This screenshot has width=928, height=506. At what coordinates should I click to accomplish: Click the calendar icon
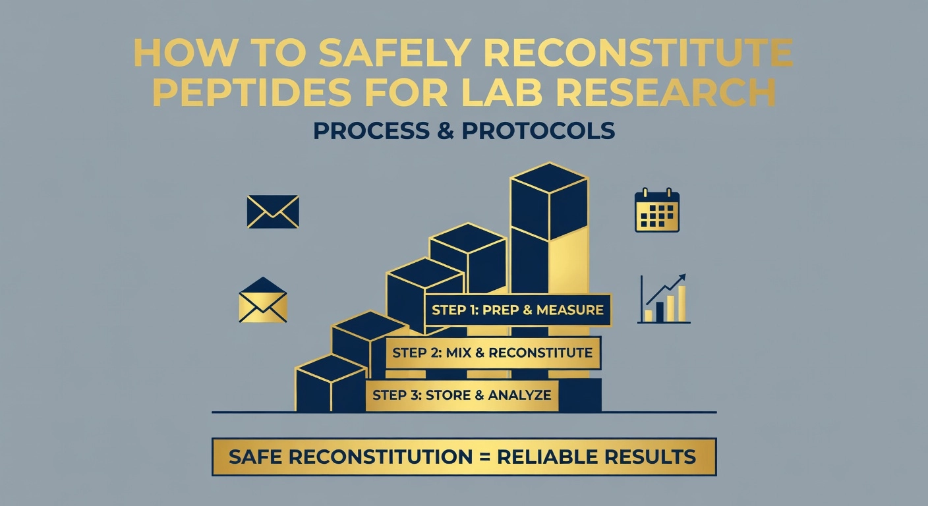(x=656, y=211)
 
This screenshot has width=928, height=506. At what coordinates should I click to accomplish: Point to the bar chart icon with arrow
(x=664, y=300)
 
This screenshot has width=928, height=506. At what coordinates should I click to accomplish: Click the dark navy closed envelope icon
(x=272, y=211)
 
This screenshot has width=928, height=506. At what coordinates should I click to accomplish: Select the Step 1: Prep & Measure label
(x=517, y=310)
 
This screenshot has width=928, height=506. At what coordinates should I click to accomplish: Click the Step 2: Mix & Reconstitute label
(x=492, y=352)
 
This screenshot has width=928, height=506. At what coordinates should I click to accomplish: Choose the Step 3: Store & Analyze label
(x=461, y=395)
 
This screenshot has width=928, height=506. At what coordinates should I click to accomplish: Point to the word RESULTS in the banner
(x=655, y=457)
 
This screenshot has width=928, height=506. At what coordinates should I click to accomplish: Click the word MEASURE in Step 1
(x=569, y=310)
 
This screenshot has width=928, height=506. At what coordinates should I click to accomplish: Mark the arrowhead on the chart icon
(x=681, y=277)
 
